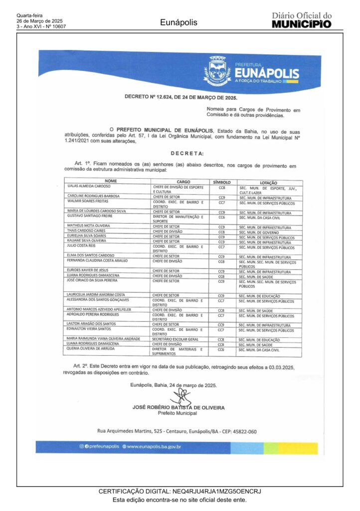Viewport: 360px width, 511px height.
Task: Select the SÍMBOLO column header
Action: pyautogui.click(x=222, y=182)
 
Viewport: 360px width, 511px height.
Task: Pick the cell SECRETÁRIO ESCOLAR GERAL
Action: pyautogui.click(x=175, y=339)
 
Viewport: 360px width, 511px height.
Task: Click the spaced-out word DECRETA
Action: pyautogui.click(x=187, y=154)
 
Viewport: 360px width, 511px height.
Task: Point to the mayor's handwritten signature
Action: pyautogui.click(x=181, y=398)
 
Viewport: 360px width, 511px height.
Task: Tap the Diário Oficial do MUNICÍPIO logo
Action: pyautogui.click(x=302, y=20)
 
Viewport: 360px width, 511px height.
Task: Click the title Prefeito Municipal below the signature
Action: pyautogui.click(x=178, y=413)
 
